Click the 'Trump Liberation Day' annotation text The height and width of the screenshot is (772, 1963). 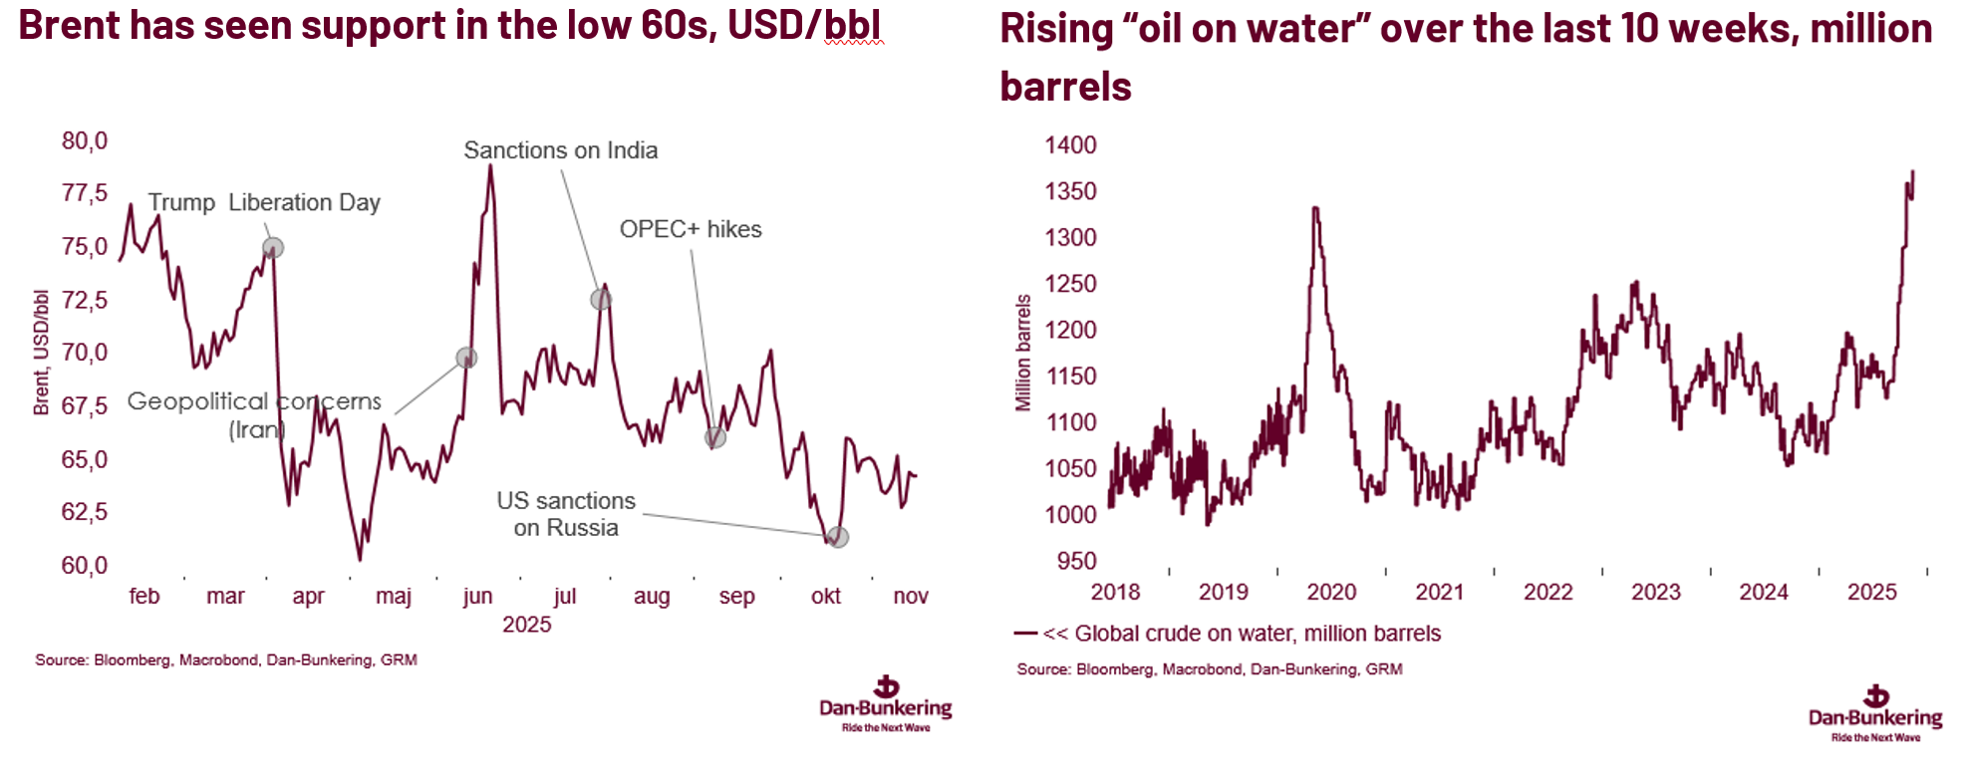click(x=264, y=202)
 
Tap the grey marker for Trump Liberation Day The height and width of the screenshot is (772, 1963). click(x=272, y=247)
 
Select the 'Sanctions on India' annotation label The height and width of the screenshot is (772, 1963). click(x=560, y=150)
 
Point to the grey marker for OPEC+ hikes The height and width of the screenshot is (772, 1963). click(x=714, y=437)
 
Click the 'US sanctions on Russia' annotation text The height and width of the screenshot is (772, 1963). click(x=566, y=514)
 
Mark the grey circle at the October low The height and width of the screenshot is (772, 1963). click(x=838, y=538)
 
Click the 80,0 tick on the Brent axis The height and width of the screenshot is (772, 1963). click(x=85, y=140)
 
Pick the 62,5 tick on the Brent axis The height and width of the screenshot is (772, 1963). click(x=85, y=512)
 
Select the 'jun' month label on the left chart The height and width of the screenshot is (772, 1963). click(x=477, y=596)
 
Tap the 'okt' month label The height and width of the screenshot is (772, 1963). click(x=825, y=596)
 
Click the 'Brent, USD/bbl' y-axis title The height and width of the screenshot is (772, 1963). click(x=41, y=353)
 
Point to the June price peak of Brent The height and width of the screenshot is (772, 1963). click(x=490, y=166)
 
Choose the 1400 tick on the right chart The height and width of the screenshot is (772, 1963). click(x=1070, y=144)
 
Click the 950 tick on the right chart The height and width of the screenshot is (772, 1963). click(x=1076, y=561)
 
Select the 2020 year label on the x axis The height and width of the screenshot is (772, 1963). click(x=1331, y=592)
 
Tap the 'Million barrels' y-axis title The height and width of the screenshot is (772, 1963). click(x=1023, y=353)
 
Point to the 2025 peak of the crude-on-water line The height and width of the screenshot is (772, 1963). click(x=1912, y=172)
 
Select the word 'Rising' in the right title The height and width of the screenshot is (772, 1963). click(x=1055, y=29)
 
